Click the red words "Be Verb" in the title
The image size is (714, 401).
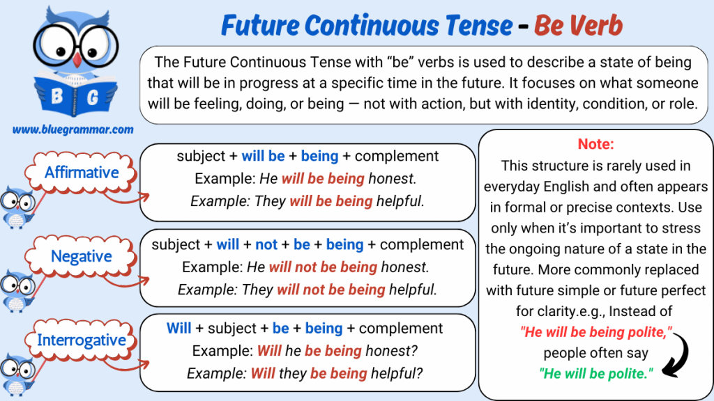pyautogui.click(x=578, y=26)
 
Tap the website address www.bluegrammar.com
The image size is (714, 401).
pyautogui.click(x=73, y=129)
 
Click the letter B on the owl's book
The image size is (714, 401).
pyautogui.click(x=57, y=96)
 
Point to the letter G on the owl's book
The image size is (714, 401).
pyautogui.click(x=93, y=97)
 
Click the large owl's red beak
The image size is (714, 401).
pyautogui.click(x=77, y=60)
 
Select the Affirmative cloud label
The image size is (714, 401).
pyautogui.click(x=81, y=173)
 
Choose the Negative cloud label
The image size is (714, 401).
pyautogui.click(x=81, y=256)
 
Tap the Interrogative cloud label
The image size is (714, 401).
pyautogui.click(x=81, y=340)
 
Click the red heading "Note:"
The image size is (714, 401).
pyautogui.click(x=595, y=144)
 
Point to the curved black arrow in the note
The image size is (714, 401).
pyautogui.click(x=683, y=354)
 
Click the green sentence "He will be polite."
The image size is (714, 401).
pyautogui.click(x=595, y=374)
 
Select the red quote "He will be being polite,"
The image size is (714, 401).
pyautogui.click(x=595, y=332)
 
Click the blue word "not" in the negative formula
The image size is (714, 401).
pyautogui.click(x=266, y=244)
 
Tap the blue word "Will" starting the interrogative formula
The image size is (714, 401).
pyautogui.click(x=178, y=329)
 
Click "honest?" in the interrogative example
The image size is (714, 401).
pyautogui.click(x=392, y=351)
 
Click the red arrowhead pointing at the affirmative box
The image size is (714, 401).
pyautogui.click(x=144, y=197)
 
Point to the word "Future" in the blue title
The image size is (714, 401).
pyautogui.click(x=259, y=26)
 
